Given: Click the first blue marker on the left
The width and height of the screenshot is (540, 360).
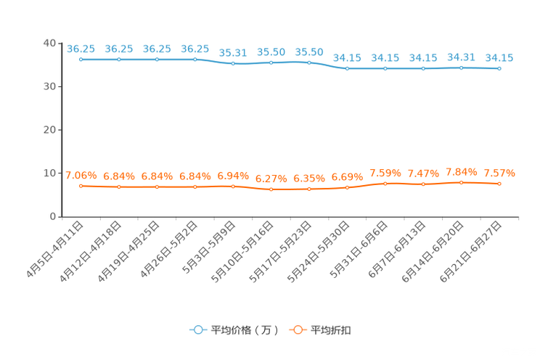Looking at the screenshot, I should pos(81,59).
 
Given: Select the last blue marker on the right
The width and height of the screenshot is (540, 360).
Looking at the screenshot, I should pos(499,68).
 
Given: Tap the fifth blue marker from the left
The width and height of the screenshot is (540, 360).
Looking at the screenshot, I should pos(233,64).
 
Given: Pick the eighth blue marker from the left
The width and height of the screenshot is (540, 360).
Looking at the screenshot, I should pos(347,68).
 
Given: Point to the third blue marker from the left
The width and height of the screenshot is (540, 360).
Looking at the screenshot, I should pos(157,59).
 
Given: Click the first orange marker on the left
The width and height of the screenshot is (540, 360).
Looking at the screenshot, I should pos(81,187).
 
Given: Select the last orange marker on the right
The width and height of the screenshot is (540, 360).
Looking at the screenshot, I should pos(499,184).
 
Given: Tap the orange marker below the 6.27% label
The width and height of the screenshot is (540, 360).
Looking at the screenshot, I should pos(271,190).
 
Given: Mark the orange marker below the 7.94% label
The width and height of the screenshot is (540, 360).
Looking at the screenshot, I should pos(461,183).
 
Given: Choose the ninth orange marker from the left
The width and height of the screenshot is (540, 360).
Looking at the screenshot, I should pos(385,184).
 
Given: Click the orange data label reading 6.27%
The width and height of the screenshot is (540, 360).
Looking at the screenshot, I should pos(271,179).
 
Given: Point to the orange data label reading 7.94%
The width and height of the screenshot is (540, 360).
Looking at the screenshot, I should pos(461,171).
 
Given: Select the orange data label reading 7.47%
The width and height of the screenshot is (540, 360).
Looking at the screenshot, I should pos(423,173).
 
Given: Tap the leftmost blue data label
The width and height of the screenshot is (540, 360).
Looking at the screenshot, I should pos(81,49).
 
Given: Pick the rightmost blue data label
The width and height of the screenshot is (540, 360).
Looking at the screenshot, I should pos(499,57).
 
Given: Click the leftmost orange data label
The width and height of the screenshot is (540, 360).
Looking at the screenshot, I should pos(81,175).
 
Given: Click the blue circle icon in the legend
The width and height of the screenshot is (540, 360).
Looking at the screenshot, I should pos(197,330).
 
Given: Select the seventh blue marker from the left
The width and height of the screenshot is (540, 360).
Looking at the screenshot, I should pos(309,62).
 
